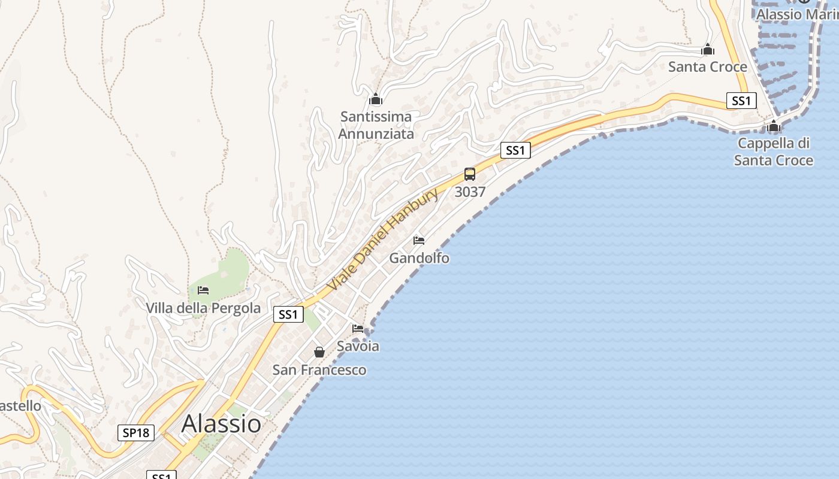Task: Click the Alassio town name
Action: [x=221, y=423]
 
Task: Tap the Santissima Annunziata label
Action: [x=376, y=125]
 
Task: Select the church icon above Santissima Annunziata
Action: [x=376, y=99]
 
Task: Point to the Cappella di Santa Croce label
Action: [x=774, y=151]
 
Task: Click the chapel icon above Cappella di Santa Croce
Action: [x=774, y=126]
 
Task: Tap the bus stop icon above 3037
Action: [x=470, y=174]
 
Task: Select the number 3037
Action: [x=470, y=192]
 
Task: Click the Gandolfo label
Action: [x=419, y=258]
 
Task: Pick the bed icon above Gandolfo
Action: [x=419, y=241]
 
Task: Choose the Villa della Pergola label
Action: [x=204, y=308]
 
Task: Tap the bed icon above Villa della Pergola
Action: [x=203, y=291]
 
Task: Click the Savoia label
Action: [x=358, y=346]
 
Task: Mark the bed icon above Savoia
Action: [x=358, y=328]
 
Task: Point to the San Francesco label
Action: [x=319, y=370]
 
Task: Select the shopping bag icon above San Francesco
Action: [x=319, y=352]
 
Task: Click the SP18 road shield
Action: [x=136, y=432]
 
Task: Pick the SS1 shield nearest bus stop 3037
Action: [x=515, y=150]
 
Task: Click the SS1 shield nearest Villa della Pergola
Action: [x=288, y=314]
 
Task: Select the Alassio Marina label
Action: [x=797, y=14]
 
